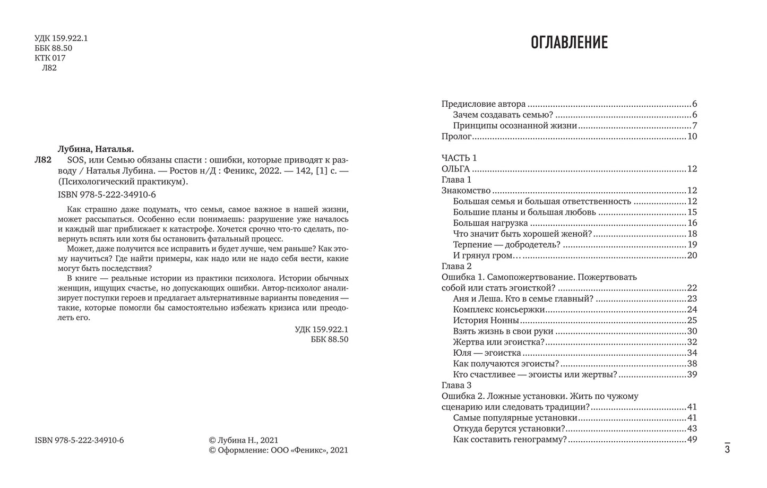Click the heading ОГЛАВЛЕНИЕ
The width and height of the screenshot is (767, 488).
point(569,42)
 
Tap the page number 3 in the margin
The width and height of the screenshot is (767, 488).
point(727,450)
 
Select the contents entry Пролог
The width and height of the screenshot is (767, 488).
point(456,136)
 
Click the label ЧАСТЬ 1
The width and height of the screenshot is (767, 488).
point(459,158)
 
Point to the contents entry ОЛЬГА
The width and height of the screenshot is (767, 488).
point(455,169)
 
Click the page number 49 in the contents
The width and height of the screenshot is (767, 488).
point(692,439)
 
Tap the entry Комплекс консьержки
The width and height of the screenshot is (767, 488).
point(499,310)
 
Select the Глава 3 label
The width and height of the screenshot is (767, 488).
point(456,385)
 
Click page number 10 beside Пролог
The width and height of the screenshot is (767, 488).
point(692,136)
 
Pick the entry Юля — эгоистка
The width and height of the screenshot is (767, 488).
point(487,353)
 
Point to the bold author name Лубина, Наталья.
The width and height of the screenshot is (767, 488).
point(96,149)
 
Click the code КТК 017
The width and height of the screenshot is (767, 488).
point(50,58)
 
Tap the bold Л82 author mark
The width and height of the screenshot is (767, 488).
point(42,160)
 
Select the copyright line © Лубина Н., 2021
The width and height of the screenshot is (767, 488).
point(244,440)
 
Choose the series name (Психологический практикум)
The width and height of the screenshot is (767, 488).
point(123,181)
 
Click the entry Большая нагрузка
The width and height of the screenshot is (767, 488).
point(490,223)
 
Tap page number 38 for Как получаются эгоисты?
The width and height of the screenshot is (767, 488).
point(692,364)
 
